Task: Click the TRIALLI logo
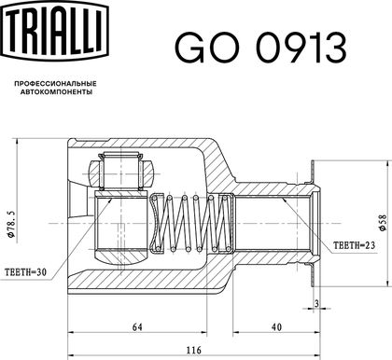55,29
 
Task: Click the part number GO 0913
260,48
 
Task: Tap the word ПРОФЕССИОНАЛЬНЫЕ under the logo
56,84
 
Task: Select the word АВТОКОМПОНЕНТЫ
56,92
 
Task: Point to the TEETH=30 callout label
26,272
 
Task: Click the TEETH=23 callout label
355,245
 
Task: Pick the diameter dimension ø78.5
10,224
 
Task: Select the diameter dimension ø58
383,223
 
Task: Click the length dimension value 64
137,327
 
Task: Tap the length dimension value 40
276,327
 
